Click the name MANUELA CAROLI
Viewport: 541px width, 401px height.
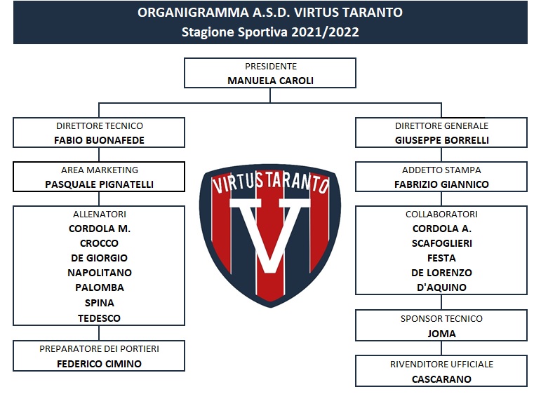[x=271, y=81]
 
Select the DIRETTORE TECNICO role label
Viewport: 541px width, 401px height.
[x=100, y=126]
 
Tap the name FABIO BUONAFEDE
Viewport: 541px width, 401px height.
[x=99, y=140]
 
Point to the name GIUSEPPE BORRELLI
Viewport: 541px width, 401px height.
[x=441, y=140]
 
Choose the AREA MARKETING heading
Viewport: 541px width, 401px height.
[x=100, y=170]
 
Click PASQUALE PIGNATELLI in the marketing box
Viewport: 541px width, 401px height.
[x=99, y=184]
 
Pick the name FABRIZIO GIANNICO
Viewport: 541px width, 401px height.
[x=441, y=184]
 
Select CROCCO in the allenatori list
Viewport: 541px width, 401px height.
[x=99, y=243]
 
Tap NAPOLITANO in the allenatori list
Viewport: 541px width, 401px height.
[x=100, y=273]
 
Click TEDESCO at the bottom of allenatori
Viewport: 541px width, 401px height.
[x=99, y=318]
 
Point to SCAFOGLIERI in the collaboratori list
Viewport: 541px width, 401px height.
[x=441, y=243]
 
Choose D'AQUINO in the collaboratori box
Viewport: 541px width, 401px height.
[x=441, y=287]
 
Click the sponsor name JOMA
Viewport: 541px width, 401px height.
[x=441, y=334]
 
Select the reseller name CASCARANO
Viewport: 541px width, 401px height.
[x=441, y=379]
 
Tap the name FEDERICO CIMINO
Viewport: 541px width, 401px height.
[x=99, y=364]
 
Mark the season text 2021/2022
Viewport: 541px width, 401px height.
[x=325, y=32]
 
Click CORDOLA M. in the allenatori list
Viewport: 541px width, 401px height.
[x=100, y=229]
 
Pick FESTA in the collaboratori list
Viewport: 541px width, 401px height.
[x=441, y=258]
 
